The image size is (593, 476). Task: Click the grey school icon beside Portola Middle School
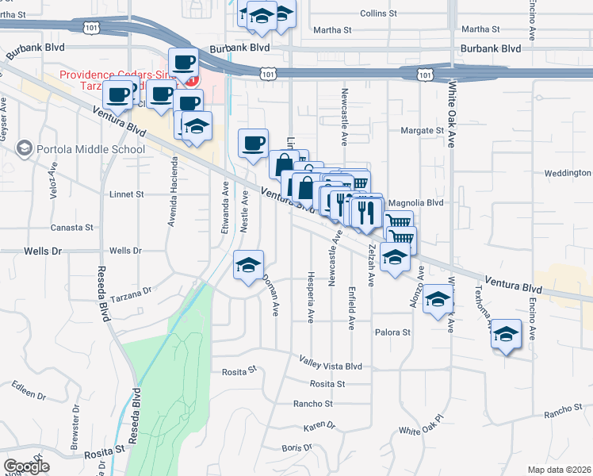click(25, 148)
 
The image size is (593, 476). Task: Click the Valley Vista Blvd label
click(331, 366)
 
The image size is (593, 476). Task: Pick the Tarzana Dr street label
click(131, 292)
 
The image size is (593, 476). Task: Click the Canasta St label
click(72, 228)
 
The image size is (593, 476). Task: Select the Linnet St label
click(127, 194)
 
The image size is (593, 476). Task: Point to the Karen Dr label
click(319, 426)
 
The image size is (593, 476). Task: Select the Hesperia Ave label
click(310, 297)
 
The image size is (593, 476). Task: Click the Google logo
click(26, 466)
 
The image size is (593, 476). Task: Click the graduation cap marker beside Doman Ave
click(248, 265)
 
